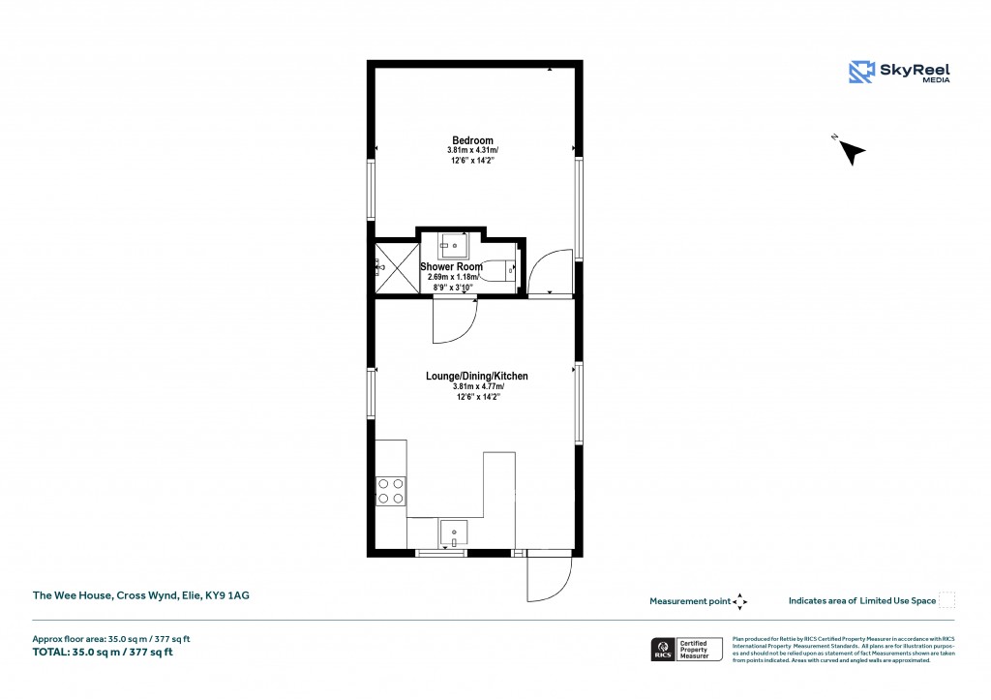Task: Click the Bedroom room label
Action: (x=472, y=140)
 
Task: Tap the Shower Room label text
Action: (x=451, y=267)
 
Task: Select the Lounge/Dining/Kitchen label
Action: (x=477, y=376)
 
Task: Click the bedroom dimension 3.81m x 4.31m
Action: (x=472, y=151)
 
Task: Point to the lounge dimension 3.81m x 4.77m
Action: (x=477, y=386)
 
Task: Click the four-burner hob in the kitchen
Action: (x=391, y=491)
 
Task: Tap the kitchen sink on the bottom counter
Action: (x=453, y=533)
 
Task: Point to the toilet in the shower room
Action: (x=503, y=271)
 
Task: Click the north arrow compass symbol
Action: (x=851, y=151)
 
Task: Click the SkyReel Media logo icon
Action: (x=861, y=73)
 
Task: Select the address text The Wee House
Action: (x=141, y=596)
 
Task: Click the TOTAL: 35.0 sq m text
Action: (x=103, y=652)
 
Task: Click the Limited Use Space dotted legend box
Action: (x=947, y=600)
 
